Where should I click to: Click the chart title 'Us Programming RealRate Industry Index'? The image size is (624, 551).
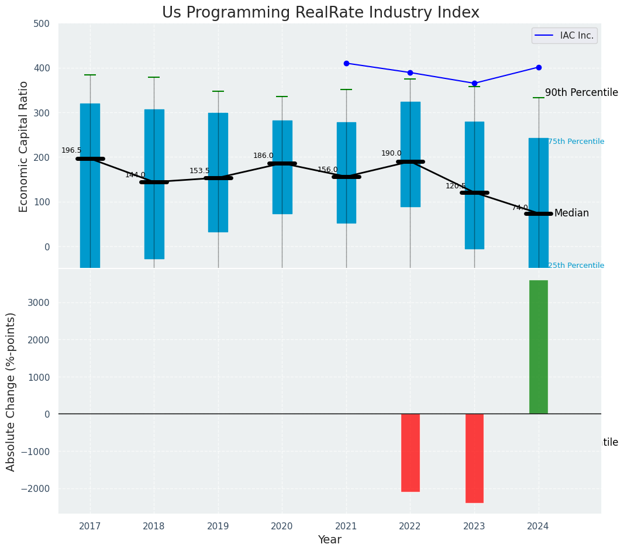click(x=320, y=13)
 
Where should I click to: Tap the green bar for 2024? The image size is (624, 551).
click(x=538, y=347)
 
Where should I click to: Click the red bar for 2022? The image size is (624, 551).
click(x=410, y=452)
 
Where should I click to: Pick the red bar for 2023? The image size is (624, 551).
click(x=474, y=458)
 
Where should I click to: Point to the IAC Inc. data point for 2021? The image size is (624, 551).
click(x=346, y=63)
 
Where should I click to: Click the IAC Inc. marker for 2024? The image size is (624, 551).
click(x=539, y=67)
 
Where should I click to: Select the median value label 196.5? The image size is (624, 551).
click(x=71, y=150)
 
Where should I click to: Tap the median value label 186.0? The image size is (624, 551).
click(x=263, y=156)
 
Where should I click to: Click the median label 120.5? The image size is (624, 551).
click(x=456, y=186)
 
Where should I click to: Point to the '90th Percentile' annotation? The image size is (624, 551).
click(x=581, y=92)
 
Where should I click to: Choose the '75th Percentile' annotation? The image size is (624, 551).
click(x=576, y=142)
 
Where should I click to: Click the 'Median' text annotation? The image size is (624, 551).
click(x=571, y=213)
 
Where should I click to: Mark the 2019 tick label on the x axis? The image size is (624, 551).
click(x=218, y=526)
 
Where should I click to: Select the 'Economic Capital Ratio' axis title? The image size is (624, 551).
click(x=24, y=146)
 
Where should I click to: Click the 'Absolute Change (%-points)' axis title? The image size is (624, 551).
click(x=11, y=391)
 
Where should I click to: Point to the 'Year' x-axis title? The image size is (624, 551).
click(x=329, y=540)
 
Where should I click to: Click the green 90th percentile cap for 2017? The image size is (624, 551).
click(x=90, y=75)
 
